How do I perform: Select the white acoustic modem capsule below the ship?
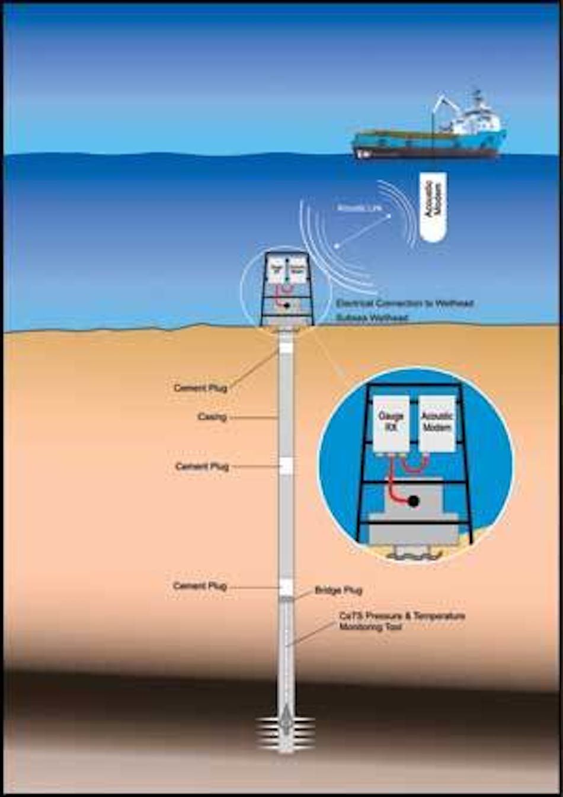tap(433, 207)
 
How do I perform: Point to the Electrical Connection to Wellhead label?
tap(404, 303)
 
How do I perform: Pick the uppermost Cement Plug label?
tap(200, 388)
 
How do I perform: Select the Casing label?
tap(212, 417)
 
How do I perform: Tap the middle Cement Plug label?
tap(201, 466)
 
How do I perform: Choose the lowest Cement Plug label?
tap(200, 586)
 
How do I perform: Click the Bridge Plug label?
tap(338, 590)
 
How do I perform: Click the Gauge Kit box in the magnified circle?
tap(391, 423)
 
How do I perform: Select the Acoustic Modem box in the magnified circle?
tap(437, 422)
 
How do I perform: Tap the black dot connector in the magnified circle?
tap(414, 501)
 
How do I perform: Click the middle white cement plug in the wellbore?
tap(286, 465)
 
